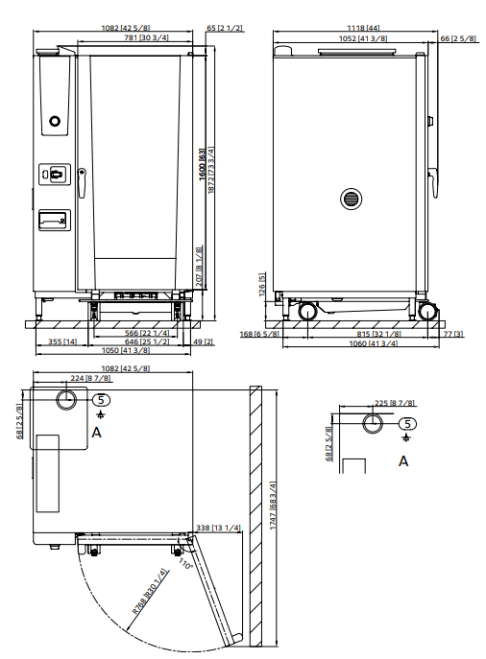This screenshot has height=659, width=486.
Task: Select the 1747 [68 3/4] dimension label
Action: tap(273, 509)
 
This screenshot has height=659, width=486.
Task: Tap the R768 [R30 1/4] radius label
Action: tap(152, 592)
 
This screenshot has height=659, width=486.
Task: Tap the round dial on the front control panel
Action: tap(55, 121)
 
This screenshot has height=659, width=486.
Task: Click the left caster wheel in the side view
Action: tap(308, 311)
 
